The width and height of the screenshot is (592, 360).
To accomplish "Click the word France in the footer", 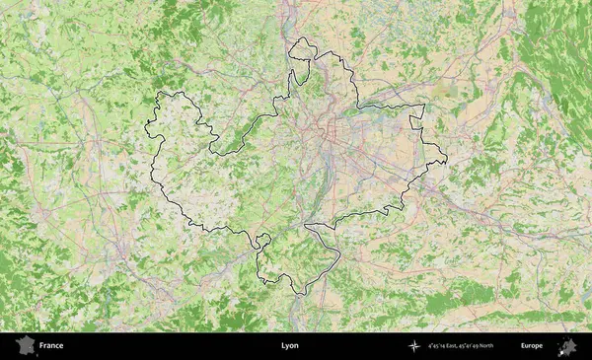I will tap(51, 346).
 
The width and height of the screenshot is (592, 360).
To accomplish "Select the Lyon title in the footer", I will tap(289, 346).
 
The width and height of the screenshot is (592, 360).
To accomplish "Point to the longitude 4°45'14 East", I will tap(444, 346).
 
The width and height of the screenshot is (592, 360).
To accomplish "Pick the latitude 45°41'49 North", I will tap(486, 346).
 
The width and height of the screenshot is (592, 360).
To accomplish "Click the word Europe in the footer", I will tap(532, 346).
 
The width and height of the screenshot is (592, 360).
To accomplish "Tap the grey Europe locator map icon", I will tap(567, 346).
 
